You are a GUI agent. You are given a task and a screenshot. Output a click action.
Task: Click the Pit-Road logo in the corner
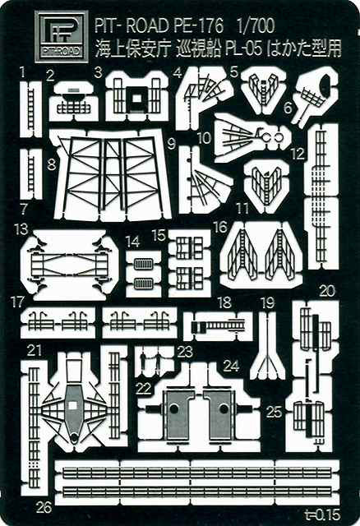[x=62, y=36]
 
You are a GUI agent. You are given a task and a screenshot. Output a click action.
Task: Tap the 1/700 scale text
[x=255, y=25]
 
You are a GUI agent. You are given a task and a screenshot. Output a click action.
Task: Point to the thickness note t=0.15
[x=323, y=514]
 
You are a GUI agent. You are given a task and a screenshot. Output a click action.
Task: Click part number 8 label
[x=51, y=164]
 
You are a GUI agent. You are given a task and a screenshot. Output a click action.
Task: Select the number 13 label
[x=21, y=229]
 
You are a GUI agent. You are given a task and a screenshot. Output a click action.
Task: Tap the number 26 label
[x=44, y=507]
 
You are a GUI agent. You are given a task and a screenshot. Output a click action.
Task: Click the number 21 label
[x=34, y=351]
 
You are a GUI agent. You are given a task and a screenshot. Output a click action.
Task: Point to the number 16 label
[x=221, y=227]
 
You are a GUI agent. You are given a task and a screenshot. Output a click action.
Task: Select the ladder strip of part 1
[x=31, y=108]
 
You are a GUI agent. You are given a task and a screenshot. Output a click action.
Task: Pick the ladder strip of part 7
[x=31, y=173]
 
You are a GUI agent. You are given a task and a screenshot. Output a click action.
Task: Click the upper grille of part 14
[x=143, y=264]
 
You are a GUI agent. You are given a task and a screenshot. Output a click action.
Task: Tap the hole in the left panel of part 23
[x=173, y=409]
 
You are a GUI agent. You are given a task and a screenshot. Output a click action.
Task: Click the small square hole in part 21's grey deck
[x=72, y=405]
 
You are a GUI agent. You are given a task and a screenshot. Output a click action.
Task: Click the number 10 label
[x=204, y=138]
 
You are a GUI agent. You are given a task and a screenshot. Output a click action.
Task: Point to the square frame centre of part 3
[x=136, y=98]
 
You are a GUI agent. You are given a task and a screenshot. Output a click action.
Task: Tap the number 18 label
[x=224, y=302]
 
